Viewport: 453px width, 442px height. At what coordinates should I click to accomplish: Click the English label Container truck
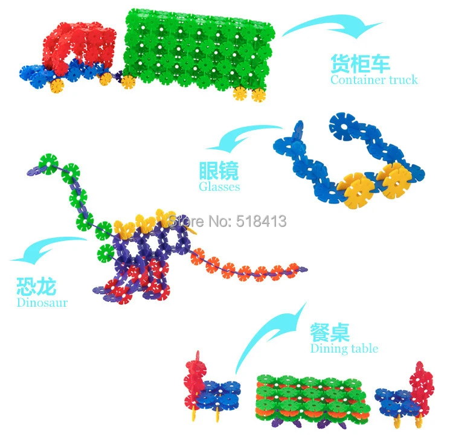tap(374, 79)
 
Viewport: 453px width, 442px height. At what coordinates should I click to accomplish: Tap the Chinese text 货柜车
tap(360, 63)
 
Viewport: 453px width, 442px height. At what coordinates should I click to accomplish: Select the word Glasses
tap(219, 187)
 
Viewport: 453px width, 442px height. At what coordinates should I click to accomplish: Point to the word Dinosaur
tap(42, 303)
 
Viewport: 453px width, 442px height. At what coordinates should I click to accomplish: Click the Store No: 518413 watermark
tap(227, 222)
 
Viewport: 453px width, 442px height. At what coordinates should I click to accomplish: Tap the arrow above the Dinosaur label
tap(48, 249)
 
